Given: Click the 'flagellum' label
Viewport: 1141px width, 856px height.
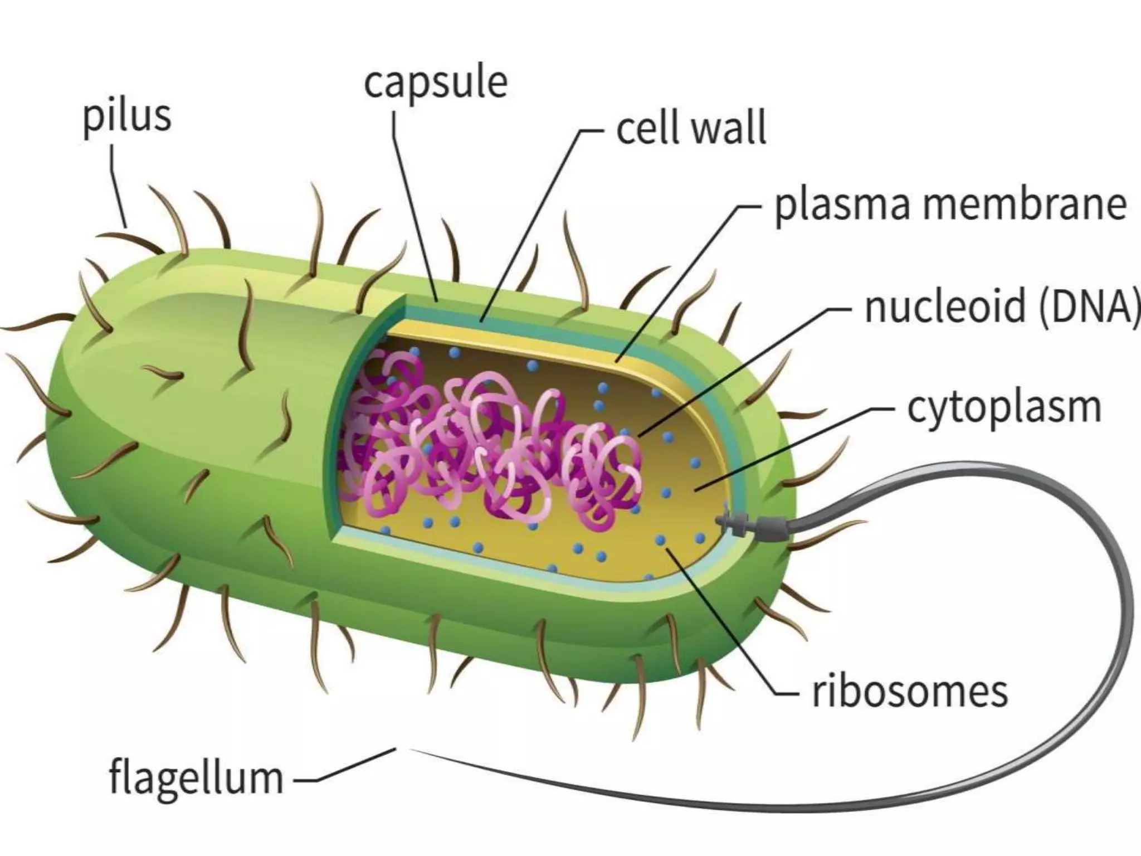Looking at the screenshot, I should pos(196,777).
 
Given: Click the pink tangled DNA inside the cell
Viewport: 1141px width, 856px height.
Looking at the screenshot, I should pos(490,446).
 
